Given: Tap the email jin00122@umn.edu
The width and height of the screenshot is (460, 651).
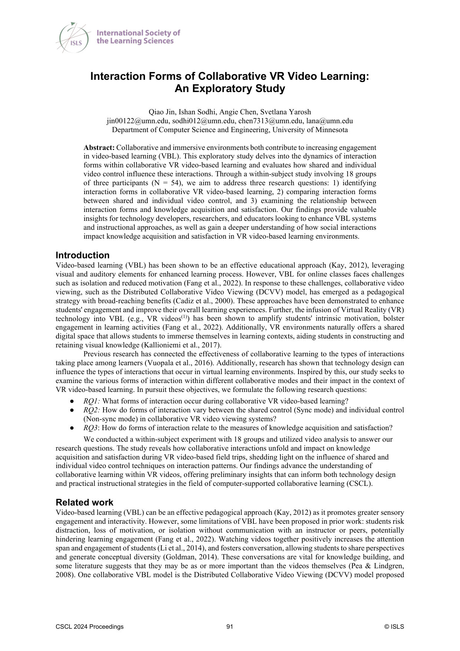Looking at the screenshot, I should tap(138, 121).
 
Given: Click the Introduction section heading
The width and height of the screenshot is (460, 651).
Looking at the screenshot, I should tap(82, 255).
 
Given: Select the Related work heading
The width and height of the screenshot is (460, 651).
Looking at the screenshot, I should tap(84, 503).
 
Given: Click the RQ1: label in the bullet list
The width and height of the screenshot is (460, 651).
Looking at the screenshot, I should tap(92, 401).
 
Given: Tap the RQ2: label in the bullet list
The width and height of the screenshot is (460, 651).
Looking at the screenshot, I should tap(92, 410).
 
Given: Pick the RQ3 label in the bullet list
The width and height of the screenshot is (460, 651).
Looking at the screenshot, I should tap(91, 428).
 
